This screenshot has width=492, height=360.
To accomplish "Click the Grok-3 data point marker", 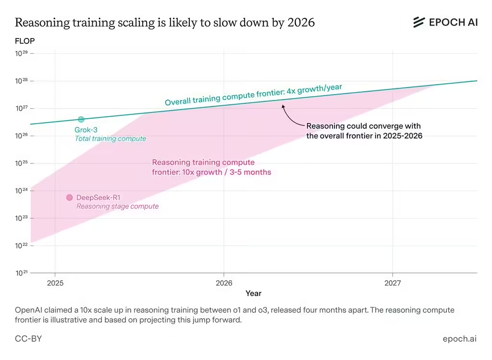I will point(81,119).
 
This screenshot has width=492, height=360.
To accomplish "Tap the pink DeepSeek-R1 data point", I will point(69,198).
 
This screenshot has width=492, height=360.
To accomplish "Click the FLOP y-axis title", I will point(25,41).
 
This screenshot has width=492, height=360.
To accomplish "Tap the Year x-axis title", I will point(253,293).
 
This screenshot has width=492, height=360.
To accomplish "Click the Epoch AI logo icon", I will point(419,22).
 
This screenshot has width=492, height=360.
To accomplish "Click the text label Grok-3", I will point(86,130).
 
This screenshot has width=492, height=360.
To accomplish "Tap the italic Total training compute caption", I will point(110,138).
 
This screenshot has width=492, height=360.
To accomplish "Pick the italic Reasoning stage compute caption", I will point(117,206).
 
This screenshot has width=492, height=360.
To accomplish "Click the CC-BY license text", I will point(28,339).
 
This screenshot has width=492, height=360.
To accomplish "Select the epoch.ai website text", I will point(459,339).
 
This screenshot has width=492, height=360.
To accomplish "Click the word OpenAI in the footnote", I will point(30,310).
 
